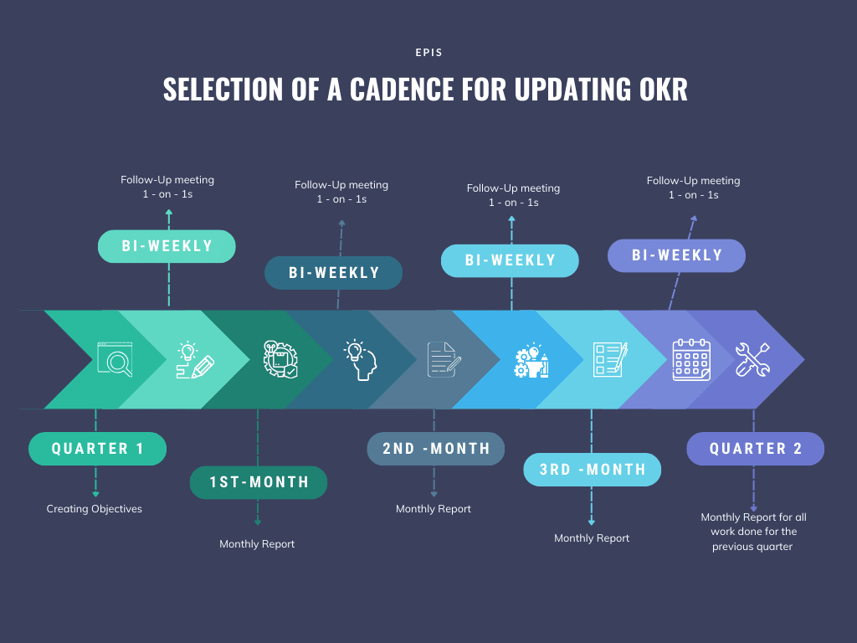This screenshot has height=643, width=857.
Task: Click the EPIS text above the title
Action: pos(428,53)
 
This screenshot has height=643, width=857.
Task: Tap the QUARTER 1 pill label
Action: pos(97,449)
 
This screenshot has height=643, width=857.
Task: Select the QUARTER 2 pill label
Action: pos(756,449)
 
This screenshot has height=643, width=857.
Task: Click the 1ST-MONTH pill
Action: pos(259,482)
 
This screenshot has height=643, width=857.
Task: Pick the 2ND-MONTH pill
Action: pos(435,449)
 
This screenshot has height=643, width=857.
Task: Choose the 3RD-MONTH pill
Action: pos(593,470)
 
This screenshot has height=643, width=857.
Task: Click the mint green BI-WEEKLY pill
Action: pos(167,247)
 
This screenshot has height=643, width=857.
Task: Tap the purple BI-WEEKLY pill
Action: pos(676,255)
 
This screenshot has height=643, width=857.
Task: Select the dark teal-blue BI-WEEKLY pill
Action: pos(333,273)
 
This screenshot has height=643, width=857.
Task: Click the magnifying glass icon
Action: pos(115,359)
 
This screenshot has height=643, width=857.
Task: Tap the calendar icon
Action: pos(691,359)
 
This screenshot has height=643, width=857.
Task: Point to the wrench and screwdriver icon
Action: pos(752,359)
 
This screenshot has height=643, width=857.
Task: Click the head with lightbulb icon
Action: pos(360,359)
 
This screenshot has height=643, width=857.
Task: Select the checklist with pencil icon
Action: pos(610,359)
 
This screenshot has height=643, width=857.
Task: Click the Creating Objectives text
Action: pos(94,509)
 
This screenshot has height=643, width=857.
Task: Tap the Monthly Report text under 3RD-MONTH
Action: pos(592,538)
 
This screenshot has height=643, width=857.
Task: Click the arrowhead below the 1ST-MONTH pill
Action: pos(258,522)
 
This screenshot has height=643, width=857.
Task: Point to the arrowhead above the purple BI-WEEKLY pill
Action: pos(694,219)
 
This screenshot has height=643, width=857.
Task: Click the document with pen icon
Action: pos(444,359)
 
